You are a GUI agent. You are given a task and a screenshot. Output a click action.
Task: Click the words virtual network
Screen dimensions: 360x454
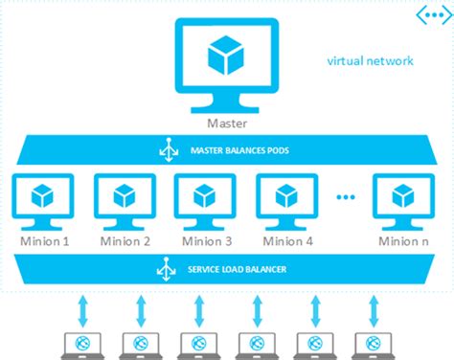370,61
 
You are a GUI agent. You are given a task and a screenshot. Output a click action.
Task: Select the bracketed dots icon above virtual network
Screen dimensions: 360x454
427,14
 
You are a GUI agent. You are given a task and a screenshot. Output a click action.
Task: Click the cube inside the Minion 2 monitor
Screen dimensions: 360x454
122,195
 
